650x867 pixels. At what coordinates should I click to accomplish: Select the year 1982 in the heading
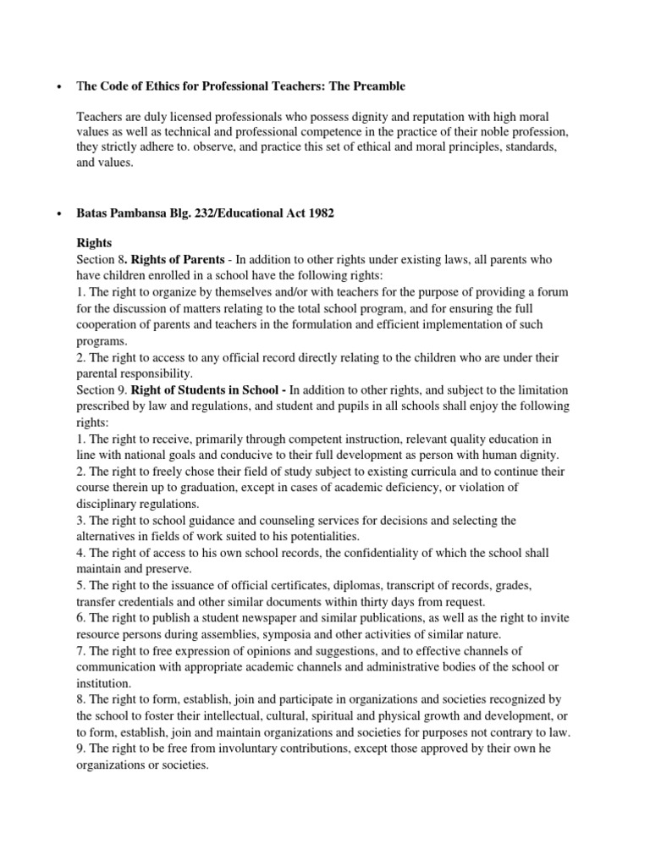(x=319, y=213)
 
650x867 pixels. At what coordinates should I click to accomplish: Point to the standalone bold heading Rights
(x=95, y=242)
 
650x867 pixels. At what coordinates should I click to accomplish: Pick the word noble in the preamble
(x=481, y=133)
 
